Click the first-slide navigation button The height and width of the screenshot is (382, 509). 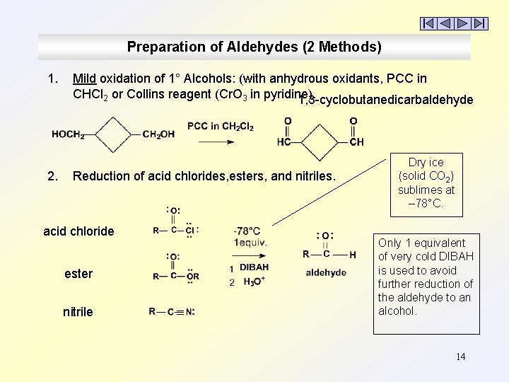point(429,23)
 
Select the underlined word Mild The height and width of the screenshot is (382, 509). point(84,79)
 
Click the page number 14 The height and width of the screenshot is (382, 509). point(460,357)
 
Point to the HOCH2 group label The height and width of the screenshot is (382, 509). point(68,134)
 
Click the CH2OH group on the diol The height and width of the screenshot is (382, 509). point(158,134)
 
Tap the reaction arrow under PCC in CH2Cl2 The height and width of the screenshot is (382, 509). point(216,142)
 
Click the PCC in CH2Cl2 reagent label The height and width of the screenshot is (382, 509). point(220,127)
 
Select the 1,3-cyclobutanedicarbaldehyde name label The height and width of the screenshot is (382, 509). point(386,100)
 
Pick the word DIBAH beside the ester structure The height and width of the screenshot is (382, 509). point(254,267)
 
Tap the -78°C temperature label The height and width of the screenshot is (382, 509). point(247,231)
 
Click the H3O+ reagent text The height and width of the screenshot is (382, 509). point(254,282)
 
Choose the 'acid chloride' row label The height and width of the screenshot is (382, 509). point(78,231)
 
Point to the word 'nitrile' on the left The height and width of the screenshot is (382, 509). point(78,312)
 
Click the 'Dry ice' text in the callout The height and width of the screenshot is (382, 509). point(426,162)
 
